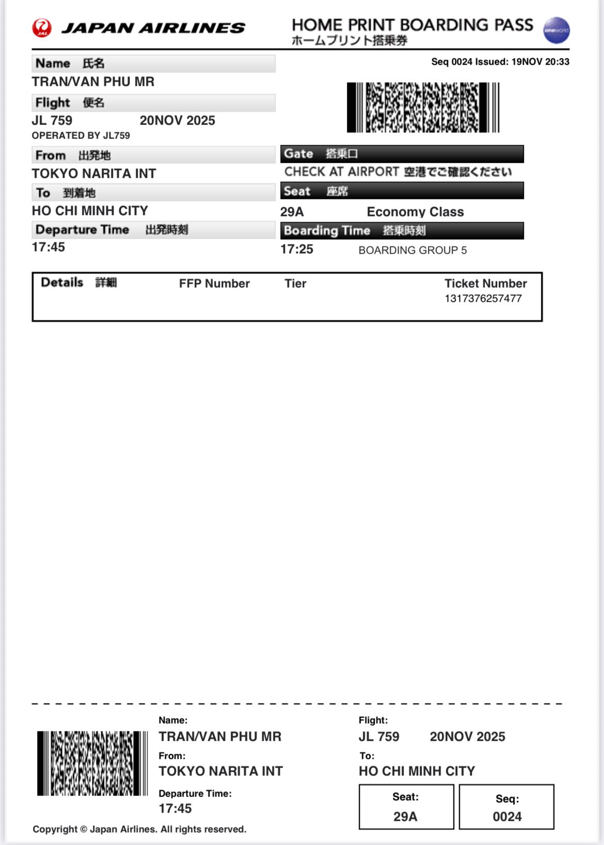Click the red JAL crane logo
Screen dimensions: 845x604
[x=42, y=28]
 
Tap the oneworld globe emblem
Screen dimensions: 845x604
[x=556, y=30]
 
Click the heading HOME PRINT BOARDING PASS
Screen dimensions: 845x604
[x=412, y=25]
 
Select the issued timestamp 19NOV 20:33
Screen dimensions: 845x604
[x=540, y=62]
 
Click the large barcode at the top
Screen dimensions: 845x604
[x=423, y=107]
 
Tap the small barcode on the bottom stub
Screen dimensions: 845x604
[x=92, y=763]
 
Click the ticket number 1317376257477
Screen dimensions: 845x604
[x=483, y=299]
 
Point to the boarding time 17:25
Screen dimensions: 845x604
[x=296, y=249]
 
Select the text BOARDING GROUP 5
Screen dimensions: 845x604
[x=412, y=251]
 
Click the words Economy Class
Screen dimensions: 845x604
[x=415, y=212]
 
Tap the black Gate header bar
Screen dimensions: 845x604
[x=402, y=154]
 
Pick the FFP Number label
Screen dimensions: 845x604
[x=214, y=284]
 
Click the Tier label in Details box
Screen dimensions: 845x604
[x=295, y=284]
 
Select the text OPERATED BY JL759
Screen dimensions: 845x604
[x=81, y=136]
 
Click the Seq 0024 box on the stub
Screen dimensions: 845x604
[x=506, y=807]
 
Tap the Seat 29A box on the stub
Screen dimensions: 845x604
[x=406, y=807]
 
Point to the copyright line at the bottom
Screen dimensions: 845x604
[x=139, y=829]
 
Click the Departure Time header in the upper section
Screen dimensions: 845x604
[x=83, y=230]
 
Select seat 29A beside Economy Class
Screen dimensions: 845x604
[x=292, y=212]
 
